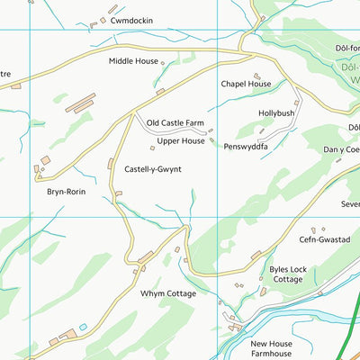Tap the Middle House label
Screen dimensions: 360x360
coord(133,61)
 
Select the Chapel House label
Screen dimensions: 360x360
coord(246,84)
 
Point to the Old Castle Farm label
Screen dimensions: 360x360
coord(177,122)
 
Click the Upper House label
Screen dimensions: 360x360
coord(181,141)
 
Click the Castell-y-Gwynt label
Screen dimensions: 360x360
coord(158,169)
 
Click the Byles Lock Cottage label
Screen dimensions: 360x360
coord(287,274)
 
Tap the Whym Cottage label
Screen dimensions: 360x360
coord(167,293)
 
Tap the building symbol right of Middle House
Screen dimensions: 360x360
coord(163,62)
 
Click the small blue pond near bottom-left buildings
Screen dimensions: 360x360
coord(83,328)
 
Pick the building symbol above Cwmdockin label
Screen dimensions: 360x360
coord(112,10)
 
